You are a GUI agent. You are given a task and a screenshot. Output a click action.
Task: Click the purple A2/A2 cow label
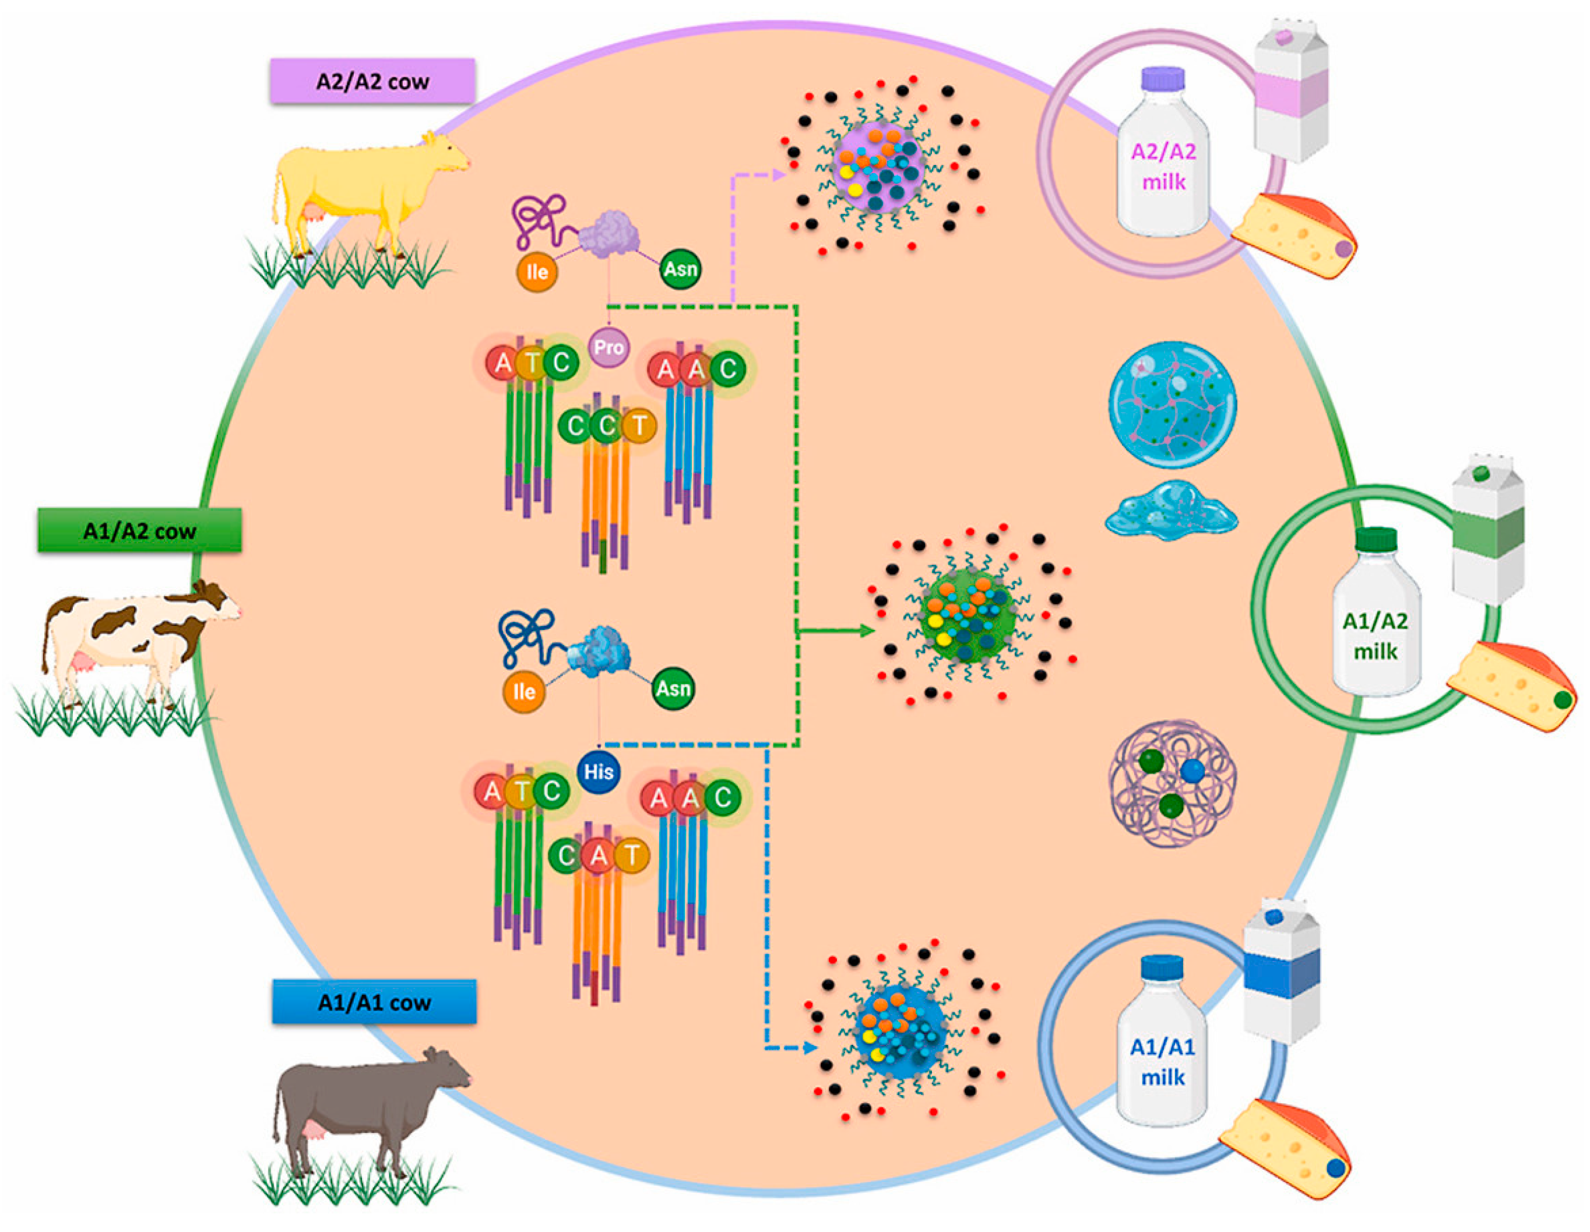point(372,81)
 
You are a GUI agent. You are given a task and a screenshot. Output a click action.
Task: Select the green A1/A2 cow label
point(139,531)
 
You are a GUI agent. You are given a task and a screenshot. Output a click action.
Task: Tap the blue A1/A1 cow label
point(374,1002)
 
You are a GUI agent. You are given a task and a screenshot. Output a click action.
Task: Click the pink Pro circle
point(608,347)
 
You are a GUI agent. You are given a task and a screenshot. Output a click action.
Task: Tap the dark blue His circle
point(599,772)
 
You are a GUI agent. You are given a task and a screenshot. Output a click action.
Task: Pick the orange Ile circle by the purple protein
point(537,272)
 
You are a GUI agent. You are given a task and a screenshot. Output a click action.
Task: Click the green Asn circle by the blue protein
point(673,689)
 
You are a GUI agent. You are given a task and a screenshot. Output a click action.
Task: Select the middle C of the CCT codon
point(606,426)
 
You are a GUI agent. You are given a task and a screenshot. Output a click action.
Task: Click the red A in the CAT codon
point(599,856)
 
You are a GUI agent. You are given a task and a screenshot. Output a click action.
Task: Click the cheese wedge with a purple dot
point(1296,237)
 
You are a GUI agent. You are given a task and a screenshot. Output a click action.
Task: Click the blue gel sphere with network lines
point(1172,405)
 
